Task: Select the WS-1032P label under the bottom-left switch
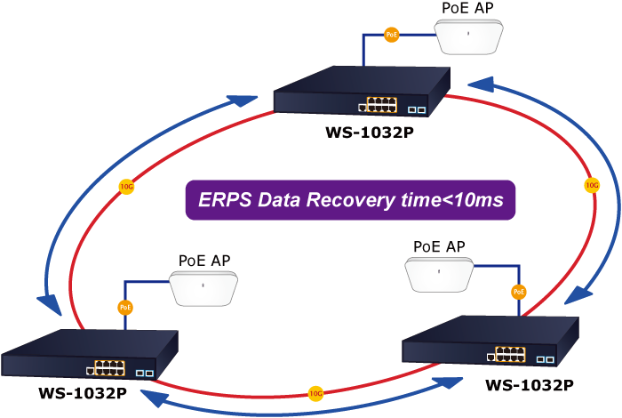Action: (x=80, y=391)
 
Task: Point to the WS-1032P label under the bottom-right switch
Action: (x=530, y=385)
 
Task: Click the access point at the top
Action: (x=469, y=36)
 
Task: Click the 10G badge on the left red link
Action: (x=127, y=187)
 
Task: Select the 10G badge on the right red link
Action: (x=592, y=185)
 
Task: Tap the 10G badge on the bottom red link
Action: (x=315, y=392)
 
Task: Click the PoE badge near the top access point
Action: (x=392, y=35)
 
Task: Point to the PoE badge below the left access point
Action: (x=125, y=307)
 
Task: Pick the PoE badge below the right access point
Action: (x=519, y=291)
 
